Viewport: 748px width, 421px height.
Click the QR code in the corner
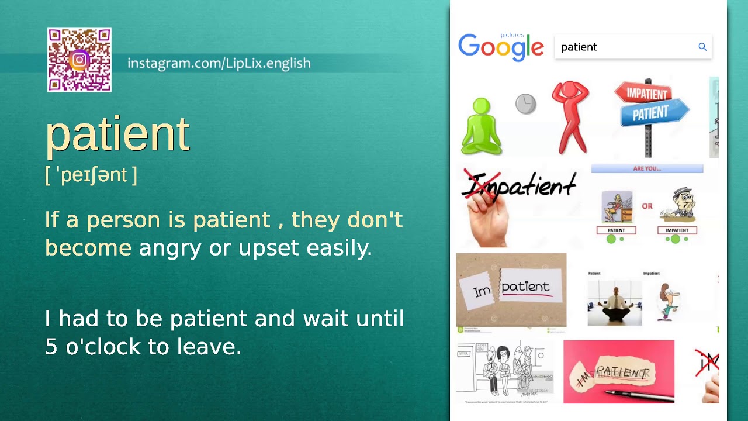(79, 60)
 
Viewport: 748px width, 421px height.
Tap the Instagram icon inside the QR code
(79, 60)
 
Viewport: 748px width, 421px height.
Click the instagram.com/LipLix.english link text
(219, 63)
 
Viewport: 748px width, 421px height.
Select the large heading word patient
(117, 134)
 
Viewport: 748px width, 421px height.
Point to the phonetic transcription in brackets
(91, 175)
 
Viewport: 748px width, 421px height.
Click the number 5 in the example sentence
(51, 347)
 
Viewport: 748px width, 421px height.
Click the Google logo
(501, 47)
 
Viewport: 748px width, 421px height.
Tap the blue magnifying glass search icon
(702, 47)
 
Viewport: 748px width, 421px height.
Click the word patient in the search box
(579, 47)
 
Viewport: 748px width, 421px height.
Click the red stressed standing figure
(570, 117)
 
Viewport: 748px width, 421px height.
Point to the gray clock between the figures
(525, 104)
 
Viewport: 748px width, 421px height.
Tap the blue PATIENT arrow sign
(652, 113)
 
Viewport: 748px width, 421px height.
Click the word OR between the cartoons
(647, 206)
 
